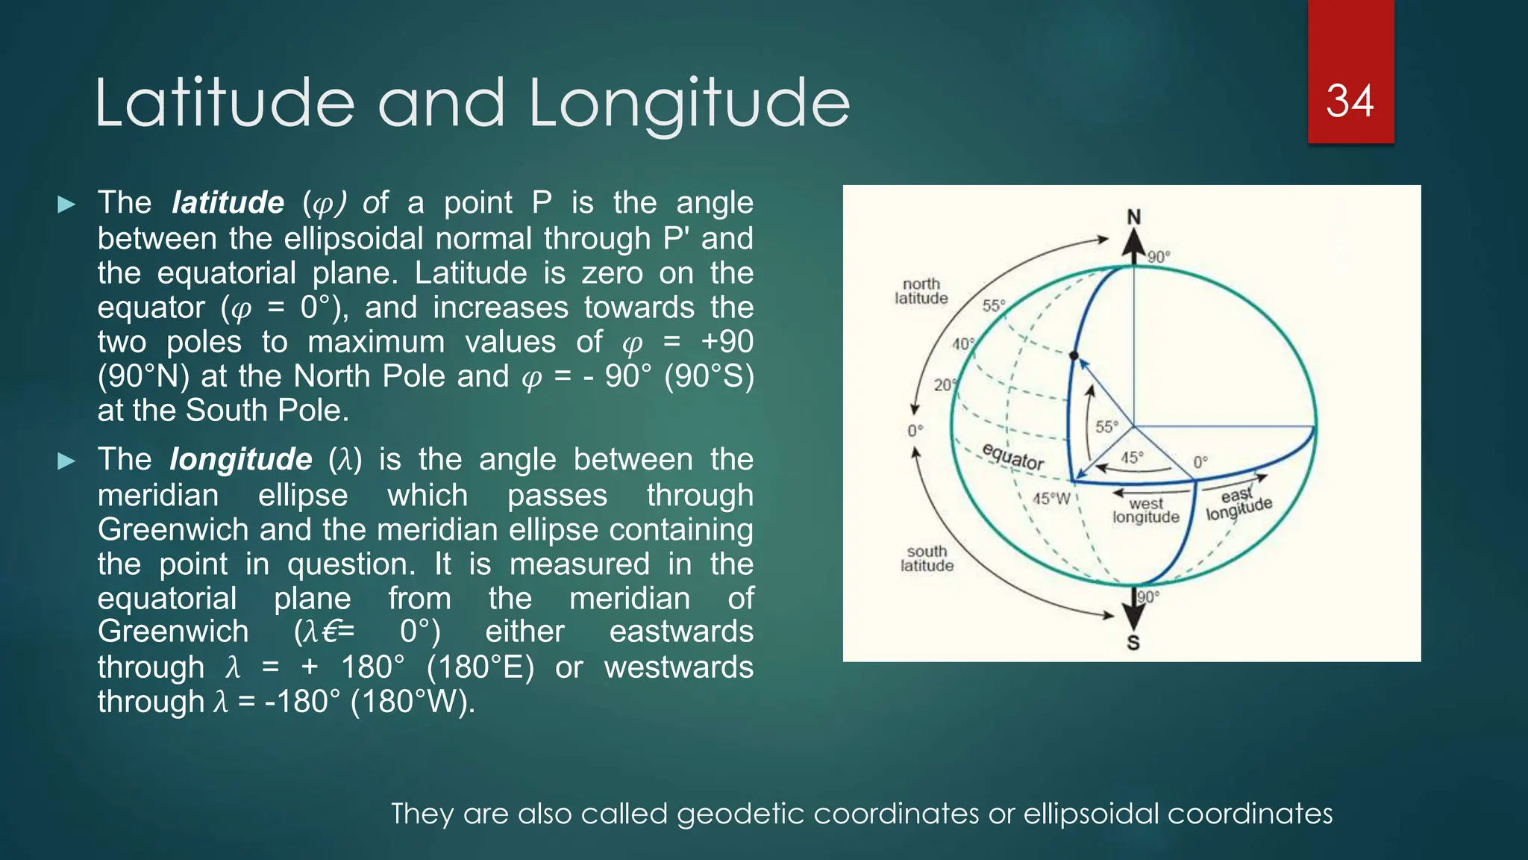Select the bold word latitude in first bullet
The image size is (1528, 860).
(228, 202)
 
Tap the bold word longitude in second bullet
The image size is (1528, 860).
(240, 459)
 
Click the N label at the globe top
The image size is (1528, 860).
(1133, 217)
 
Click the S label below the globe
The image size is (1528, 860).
(1133, 642)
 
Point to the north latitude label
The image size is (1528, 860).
(921, 291)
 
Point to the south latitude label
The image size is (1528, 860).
(927, 558)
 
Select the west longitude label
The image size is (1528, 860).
(1146, 511)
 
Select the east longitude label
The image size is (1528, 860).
(1239, 503)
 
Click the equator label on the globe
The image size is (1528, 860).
(1012, 456)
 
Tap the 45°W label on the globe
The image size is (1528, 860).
(1051, 498)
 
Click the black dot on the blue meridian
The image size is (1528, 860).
(1074, 355)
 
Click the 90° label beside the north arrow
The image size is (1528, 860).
(1159, 257)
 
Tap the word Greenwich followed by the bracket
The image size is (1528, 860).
(173, 632)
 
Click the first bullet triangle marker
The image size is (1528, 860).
(66, 204)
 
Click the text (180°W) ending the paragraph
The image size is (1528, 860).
(412, 702)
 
